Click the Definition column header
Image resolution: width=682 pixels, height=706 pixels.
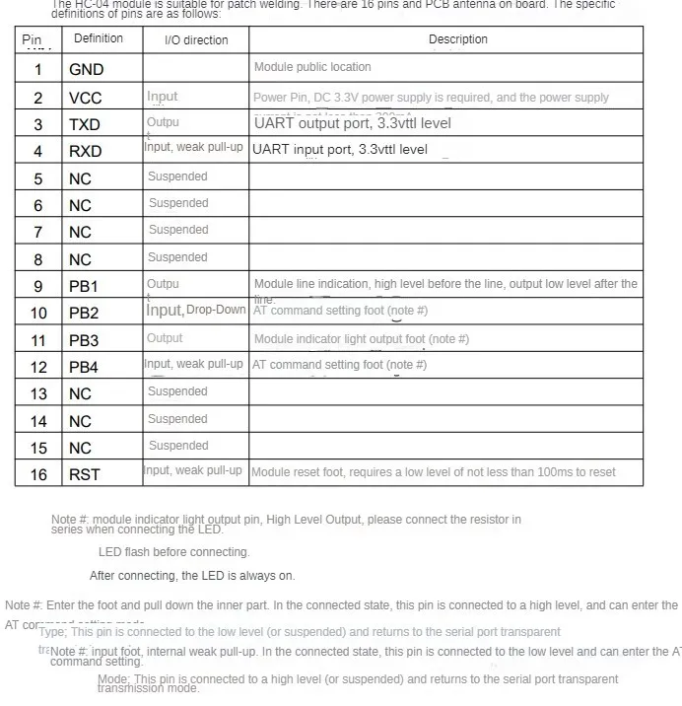[x=99, y=38]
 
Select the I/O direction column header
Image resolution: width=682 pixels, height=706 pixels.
[x=196, y=40]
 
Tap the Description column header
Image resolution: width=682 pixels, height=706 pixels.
[x=457, y=39]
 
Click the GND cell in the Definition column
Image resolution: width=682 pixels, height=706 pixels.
[x=86, y=69]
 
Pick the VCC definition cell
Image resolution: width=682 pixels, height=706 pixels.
[x=86, y=98]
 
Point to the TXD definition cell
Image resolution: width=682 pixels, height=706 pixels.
[x=85, y=124]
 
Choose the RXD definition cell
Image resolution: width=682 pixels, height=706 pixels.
[x=85, y=151]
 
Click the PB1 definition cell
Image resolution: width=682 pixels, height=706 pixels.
[x=84, y=286]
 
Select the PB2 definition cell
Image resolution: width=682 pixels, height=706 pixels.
[x=84, y=313]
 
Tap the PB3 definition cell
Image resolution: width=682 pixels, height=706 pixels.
[x=84, y=340]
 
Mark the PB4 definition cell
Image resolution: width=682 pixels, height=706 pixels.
[x=84, y=367]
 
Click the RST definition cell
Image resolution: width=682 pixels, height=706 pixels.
[x=84, y=474]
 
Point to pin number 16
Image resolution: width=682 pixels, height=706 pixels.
[x=38, y=474]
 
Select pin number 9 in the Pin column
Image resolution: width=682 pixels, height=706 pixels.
[x=38, y=286]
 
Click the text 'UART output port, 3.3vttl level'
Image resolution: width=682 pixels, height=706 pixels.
[x=352, y=123]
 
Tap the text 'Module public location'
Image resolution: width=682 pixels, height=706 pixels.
[x=312, y=67]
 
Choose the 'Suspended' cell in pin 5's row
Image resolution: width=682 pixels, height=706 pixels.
[x=177, y=176]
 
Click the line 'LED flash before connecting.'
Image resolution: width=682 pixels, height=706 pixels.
[x=174, y=552]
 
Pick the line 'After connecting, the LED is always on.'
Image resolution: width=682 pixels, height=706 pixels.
[x=192, y=575]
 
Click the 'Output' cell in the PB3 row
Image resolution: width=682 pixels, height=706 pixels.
[x=165, y=338]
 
